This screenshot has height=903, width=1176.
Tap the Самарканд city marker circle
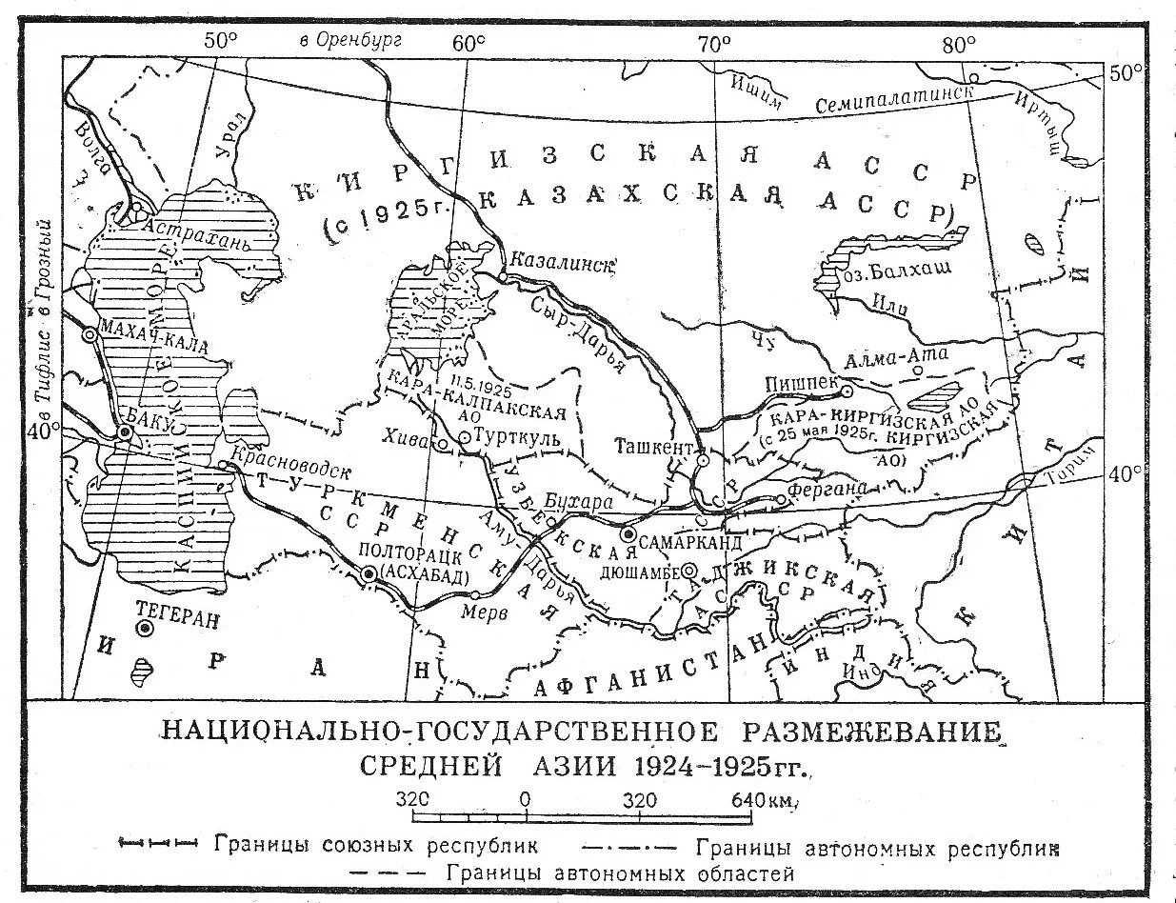[628, 534]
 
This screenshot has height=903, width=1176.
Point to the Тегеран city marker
[145, 629]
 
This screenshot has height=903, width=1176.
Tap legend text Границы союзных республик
[377, 845]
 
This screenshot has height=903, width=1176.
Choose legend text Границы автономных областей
[621, 873]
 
